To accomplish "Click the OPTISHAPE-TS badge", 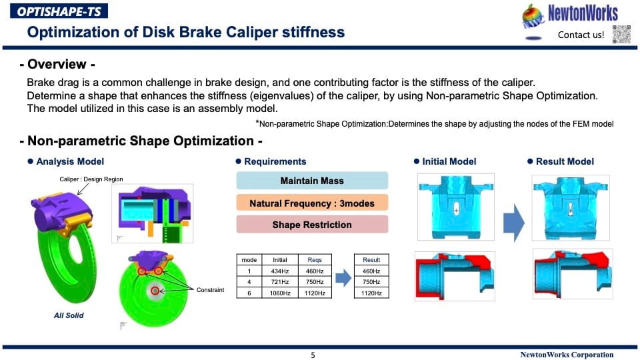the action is (59, 11).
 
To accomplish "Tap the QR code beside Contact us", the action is (621, 34).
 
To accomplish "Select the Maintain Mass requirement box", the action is (312, 181).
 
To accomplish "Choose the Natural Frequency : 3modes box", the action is (312, 203).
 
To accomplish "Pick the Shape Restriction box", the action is (312, 225).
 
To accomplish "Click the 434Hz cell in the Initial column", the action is (279, 271).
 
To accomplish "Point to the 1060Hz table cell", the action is (279, 293).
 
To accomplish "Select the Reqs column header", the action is (315, 260).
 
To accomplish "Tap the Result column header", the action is (371, 260).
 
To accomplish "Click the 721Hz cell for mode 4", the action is (279, 282).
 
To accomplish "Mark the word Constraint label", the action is (210, 290).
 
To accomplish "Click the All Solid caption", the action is (69, 315).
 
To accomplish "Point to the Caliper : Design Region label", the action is (91, 179).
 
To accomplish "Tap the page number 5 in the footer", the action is (313, 355).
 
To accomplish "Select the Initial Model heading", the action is (449, 161).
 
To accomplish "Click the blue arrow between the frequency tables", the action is (343, 278).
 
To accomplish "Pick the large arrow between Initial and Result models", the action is (513, 223).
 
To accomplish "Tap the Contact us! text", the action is (581, 35).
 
